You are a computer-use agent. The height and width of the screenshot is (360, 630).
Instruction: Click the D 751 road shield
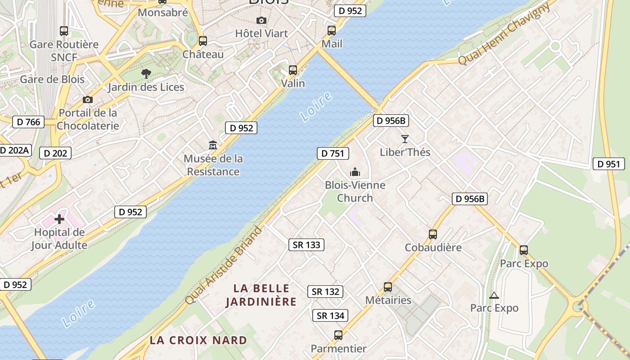pyautogui.click(x=333, y=153)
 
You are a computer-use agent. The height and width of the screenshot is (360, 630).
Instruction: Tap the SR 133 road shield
pyautogui.click(x=306, y=245)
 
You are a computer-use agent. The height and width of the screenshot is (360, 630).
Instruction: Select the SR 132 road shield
pyautogui.click(x=325, y=292)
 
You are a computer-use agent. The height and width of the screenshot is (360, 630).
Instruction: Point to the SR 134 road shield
pyautogui.click(x=330, y=316)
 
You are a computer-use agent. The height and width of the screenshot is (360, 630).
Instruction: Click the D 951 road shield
pyautogui.click(x=609, y=164)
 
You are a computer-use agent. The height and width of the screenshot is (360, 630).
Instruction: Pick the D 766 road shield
pyautogui.click(x=28, y=122)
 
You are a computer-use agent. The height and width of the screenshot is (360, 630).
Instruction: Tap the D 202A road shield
pyautogui.click(x=14, y=150)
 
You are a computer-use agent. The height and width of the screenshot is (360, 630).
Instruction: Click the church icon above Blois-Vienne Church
pyautogui.click(x=355, y=172)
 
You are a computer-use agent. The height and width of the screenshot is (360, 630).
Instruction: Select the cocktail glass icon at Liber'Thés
pyautogui.click(x=405, y=139)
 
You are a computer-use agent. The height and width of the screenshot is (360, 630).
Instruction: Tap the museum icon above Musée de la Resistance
pyautogui.click(x=213, y=145)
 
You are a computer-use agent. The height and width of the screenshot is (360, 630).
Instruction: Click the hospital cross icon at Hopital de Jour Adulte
pyautogui.click(x=59, y=219)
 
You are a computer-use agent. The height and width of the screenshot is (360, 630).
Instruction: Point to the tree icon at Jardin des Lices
pyautogui.click(x=146, y=73)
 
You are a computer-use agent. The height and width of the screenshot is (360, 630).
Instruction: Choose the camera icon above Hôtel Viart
pyautogui.click(x=261, y=20)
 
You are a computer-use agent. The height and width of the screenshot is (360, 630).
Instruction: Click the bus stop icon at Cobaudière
pyautogui.click(x=433, y=234)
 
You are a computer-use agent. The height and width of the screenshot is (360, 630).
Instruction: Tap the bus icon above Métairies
pyautogui.click(x=388, y=287)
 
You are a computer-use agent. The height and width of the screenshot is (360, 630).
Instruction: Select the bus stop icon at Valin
pyautogui.click(x=293, y=70)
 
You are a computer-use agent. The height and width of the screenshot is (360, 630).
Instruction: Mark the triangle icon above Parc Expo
pyautogui.click(x=494, y=296)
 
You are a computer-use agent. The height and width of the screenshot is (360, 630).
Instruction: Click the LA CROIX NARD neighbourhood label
pyautogui.click(x=198, y=340)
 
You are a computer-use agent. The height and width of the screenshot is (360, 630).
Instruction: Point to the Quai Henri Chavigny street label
pyautogui.click(x=504, y=34)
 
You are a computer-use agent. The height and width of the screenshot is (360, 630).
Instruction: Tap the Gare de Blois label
pyautogui.click(x=52, y=80)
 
